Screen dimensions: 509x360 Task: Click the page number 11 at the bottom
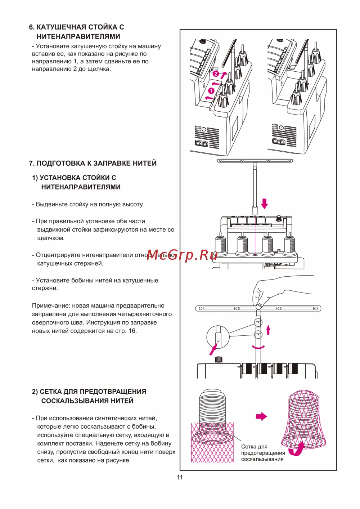[x=180, y=477]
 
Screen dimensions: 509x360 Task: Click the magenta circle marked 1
[x=211, y=91]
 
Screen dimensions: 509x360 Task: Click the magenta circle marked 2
[x=215, y=74]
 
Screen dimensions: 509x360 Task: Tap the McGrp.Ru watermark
[x=182, y=255]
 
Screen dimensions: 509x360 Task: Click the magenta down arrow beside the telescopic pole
[x=265, y=203]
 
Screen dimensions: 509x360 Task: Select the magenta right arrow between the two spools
[x=261, y=416]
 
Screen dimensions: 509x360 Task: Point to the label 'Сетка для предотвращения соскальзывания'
[x=262, y=453]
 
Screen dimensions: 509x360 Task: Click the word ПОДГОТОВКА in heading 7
[x=61, y=163]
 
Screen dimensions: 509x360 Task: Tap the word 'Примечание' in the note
[x=51, y=305]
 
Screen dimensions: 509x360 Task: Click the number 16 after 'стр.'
[x=132, y=331]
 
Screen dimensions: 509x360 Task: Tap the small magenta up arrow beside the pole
[x=268, y=330]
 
